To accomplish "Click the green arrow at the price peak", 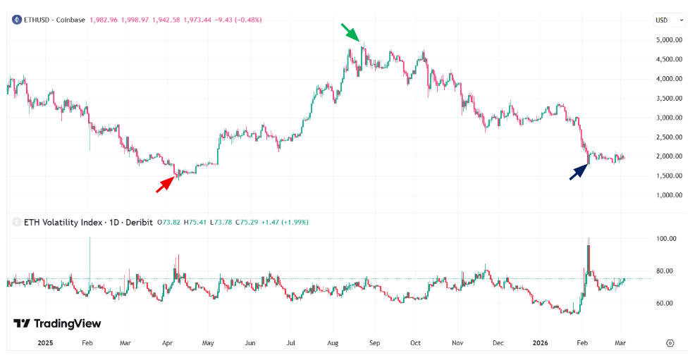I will click(x=350, y=32).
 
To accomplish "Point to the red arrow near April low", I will click(x=165, y=184).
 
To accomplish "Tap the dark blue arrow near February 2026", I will click(x=579, y=171).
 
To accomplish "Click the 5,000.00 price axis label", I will click(x=669, y=40).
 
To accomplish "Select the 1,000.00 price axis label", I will click(x=669, y=194).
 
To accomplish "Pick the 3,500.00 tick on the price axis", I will click(x=669, y=98).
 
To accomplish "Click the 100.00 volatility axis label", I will click(x=667, y=239).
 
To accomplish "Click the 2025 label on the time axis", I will click(x=46, y=343).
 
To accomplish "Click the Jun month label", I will click(x=250, y=343).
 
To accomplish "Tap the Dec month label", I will click(x=498, y=343).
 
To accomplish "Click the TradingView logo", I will click(x=57, y=323).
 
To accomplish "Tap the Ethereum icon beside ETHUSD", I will click(x=16, y=20).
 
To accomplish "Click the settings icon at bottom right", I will click(x=670, y=343).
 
